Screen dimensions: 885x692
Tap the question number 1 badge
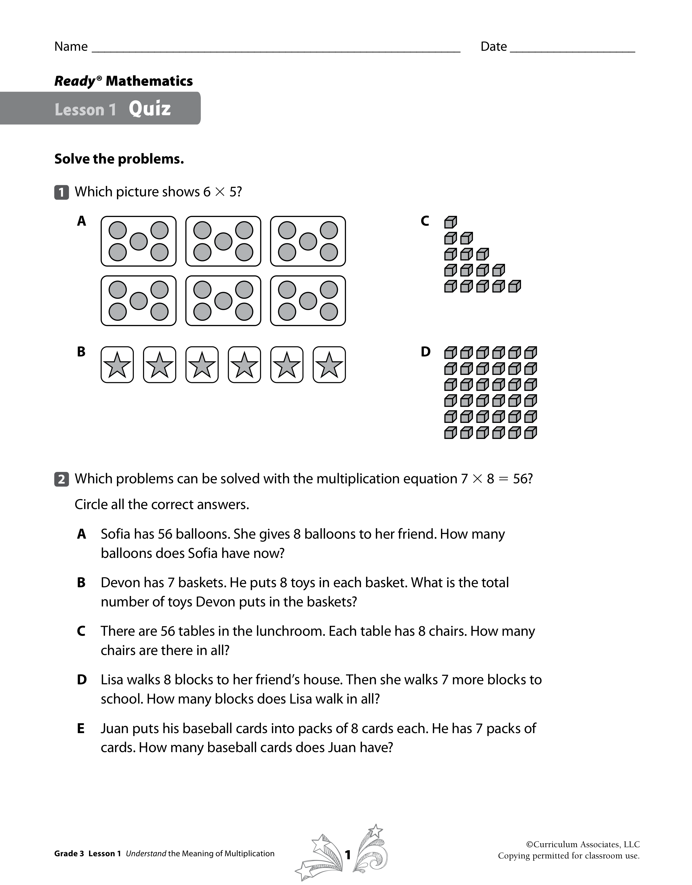61,192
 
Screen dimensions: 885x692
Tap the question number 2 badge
61,479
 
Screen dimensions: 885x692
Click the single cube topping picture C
450,222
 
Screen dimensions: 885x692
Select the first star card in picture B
117,365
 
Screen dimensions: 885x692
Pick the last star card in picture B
329,365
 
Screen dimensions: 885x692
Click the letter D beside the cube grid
425,352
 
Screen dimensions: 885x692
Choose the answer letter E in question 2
81,729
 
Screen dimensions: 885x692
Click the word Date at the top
493,47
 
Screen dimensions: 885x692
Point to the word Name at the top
71,47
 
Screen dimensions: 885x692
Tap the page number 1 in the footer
347,855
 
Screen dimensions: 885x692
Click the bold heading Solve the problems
119,159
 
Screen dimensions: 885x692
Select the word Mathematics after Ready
149,81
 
